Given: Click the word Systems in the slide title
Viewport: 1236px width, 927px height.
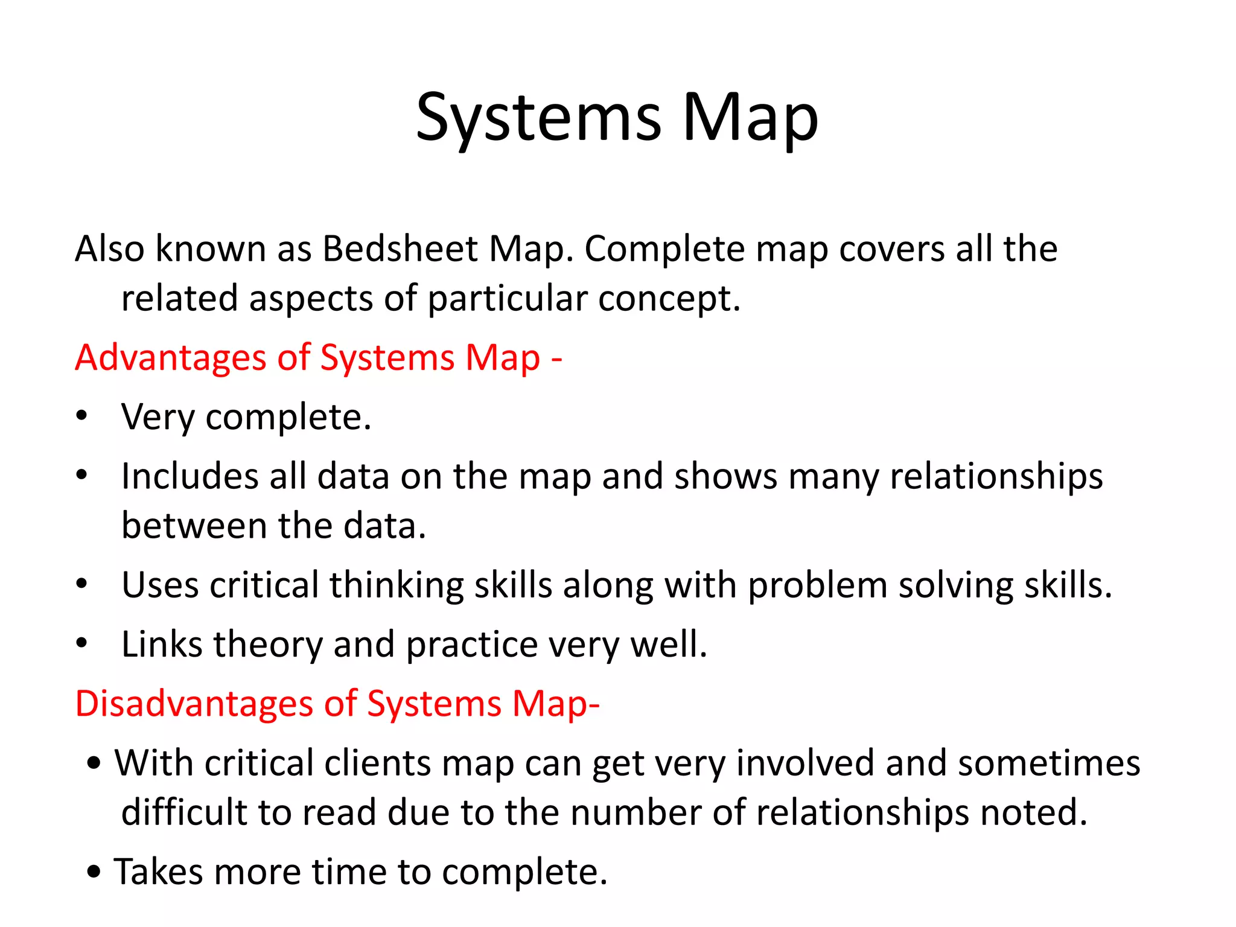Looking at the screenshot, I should [x=538, y=118].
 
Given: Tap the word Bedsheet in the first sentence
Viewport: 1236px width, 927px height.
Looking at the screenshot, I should [x=400, y=248].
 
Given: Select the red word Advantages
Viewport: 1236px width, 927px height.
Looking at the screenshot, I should [x=171, y=357].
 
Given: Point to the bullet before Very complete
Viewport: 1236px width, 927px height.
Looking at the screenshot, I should [x=82, y=416].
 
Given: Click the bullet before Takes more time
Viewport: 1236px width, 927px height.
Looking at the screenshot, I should [x=94, y=871].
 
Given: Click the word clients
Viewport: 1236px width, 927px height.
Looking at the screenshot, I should [x=378, y=763].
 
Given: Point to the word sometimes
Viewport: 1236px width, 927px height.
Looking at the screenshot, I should [x=1049, y=763].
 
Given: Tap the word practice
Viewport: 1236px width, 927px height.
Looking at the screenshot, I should [x=471, y=644].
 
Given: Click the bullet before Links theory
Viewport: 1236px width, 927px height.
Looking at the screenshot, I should [x=82, y=644].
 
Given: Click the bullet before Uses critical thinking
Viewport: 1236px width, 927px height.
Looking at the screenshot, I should [x=82, y=585].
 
